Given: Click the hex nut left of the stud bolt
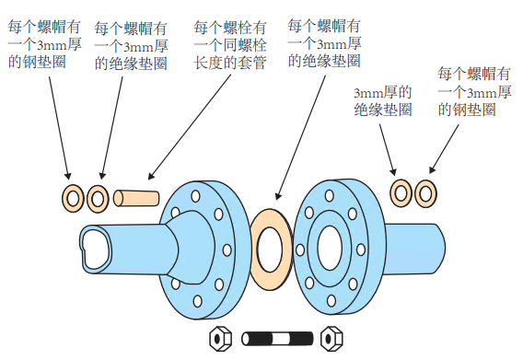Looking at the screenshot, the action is pyautogui.click(x=220, y=339).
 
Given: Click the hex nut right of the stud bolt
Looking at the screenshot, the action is pyautogui.click(x=331, y=339).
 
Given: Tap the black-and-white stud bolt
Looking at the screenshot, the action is pyautogui.click(x=277, y=339).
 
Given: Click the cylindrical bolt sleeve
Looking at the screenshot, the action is pyautogui.click(x=136, y=198).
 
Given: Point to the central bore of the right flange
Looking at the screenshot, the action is pyautogui.click(x=330, y=248).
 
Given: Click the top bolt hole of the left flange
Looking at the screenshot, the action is pyautogui.click(x=195, y=196).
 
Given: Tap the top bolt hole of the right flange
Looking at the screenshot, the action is pyautogui.click(x=330, y=195).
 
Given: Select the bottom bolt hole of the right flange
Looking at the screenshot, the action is pyautogui.click(x=331, y=300).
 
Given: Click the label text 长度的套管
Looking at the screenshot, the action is pyautogui.click(x=230, y=63).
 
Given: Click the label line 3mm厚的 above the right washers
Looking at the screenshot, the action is pyautogui.click(x=383, y=92).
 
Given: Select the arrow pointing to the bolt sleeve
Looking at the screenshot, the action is pyautogui.click(x=190, y=127).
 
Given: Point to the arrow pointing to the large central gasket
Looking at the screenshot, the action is pyautogui.click(x=301, y=137).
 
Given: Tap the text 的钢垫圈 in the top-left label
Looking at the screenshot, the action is pyautogui.click(x=37, y=62).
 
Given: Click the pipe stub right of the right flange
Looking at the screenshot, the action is pyautogui.click(x=415, y=250).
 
